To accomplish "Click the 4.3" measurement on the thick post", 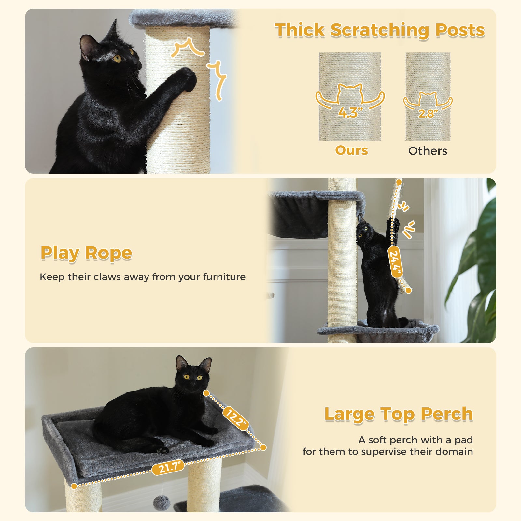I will (350, 113).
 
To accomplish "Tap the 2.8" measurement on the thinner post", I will (428, 113).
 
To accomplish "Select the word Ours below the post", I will (351, 150).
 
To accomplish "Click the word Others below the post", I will (428, 151).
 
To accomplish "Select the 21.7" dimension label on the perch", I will (168, 468).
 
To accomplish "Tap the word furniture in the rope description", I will (224, 277).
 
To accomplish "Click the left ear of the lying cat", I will (181, 363).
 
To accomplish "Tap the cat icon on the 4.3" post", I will (350, 93).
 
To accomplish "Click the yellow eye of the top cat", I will (117, 59).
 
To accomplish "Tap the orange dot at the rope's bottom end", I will (409, 291).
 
